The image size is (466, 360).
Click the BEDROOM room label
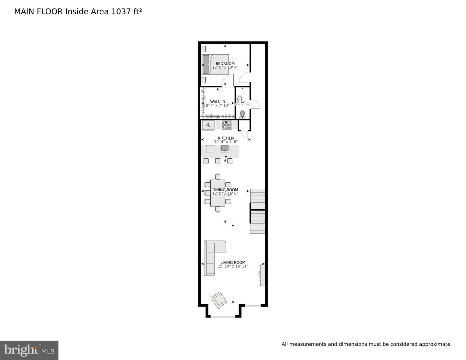click(225, 63)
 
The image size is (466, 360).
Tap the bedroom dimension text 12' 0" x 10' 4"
click(225, 67)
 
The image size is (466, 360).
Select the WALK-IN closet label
click(217, 102)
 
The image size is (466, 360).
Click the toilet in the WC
click(242, 114)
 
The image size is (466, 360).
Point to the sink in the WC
click(240, 99)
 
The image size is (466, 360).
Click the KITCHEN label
click(226, 138)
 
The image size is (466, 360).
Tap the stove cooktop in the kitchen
click(226, 125)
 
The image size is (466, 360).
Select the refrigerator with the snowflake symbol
click(208, 125)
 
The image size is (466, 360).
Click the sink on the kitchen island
click(225, 149)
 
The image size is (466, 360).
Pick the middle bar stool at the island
click(218, 161)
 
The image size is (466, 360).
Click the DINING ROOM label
click(225, 190)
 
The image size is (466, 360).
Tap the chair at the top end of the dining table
click(218, 176)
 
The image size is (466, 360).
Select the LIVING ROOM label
click(233, 263)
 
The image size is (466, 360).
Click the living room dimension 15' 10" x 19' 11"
click(233, 266)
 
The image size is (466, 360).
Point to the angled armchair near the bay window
click(219, 300)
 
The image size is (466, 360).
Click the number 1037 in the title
click(118, 12)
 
